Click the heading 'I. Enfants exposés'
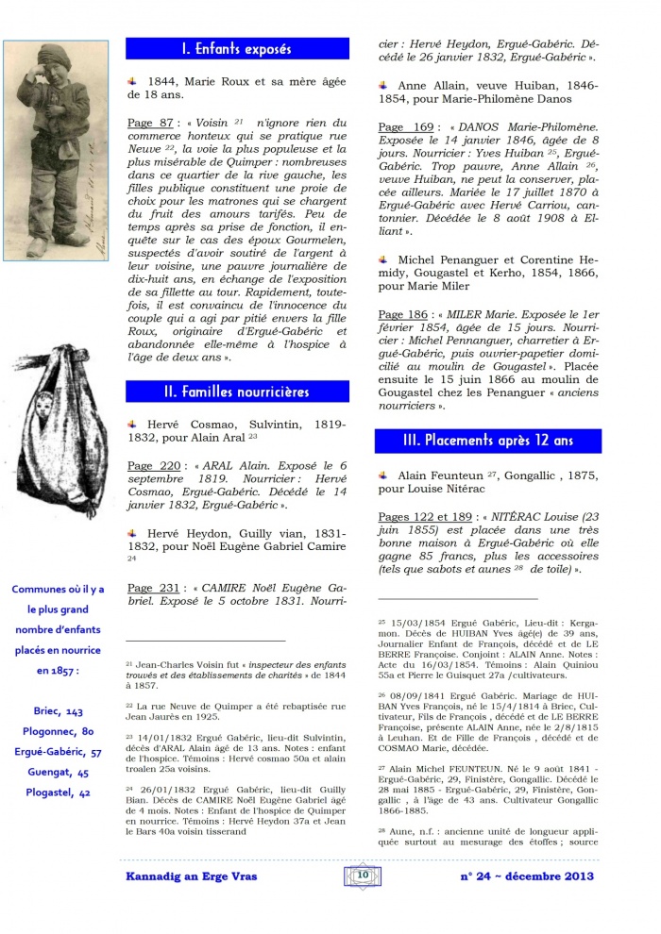pyautogui.click(x=237, y=49)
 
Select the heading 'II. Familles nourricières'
pyautogui.click(x=237, y=391)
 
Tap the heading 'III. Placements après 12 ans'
pyautogui.click(x=487, y=441)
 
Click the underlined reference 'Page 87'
pyautogui.click(x=150, y=123)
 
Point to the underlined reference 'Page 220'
pyautogui.click(x=154, y=465)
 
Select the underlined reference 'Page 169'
pyautogui.click(x=405, y=127)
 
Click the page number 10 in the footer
pyautogui.click(x=362, y=876)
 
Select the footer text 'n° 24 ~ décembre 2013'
pyautogui.click(x=526, y=876)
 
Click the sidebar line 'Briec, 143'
pyautogui.click(x=59, y=710)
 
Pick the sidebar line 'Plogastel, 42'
pyautogui.click(x=59, y=792)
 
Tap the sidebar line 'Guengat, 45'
pyautogui.click(x=59, y=772)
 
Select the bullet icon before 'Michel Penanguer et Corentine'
pyautogui.click(x=382, y=258)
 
